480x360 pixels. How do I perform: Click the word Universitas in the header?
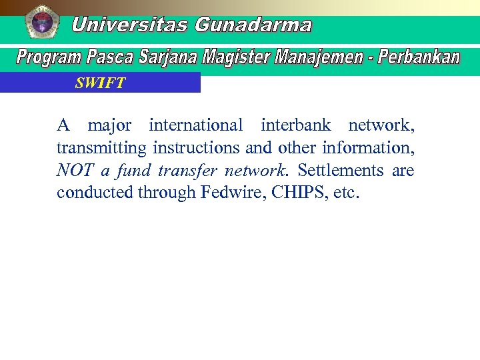point(129,25)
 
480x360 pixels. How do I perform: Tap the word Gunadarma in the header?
point(253,25)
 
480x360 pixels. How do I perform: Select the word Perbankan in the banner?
point(419,57)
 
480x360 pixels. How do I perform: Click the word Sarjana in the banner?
point(168,58)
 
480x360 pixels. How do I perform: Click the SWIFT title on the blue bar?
point(100,83)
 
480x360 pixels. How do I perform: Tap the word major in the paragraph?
point(109,125)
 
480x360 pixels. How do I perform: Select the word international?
point(196,125)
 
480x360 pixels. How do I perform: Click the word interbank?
point(295,125)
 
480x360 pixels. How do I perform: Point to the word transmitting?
point(101,148)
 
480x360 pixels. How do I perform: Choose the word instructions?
point(197,147)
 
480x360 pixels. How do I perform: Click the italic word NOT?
point(75,171)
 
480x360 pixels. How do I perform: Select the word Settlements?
point(340,171)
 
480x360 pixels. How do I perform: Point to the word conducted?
point(95,193)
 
